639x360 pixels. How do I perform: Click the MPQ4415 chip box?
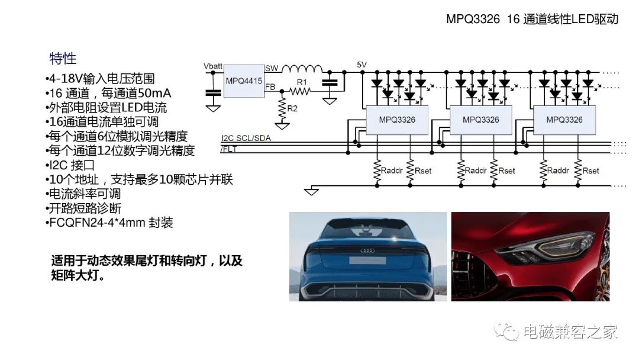click(244, 81)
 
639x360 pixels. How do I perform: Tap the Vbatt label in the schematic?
click(213, 66)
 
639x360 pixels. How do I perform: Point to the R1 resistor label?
click(302, 82)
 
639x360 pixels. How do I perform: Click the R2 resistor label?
click(292, 108)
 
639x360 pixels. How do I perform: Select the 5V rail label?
click(362, 65)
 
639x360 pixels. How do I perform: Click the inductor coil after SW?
click(302, 69)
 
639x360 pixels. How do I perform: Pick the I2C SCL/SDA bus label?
click(246, 138)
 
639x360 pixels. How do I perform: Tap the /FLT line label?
click(228, 149)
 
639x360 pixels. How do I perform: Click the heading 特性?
click(63, 58)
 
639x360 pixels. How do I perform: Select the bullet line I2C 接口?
click(70, 165)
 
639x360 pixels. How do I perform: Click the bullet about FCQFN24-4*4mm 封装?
click(109, 223)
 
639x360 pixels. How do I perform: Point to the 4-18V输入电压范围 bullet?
click(100, 79)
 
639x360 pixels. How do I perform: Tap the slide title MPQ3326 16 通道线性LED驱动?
click(532, 19)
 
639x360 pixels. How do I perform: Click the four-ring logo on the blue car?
click(367, 250)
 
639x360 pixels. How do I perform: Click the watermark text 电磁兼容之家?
click(570, 332)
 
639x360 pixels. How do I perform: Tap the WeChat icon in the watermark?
click(506, 331)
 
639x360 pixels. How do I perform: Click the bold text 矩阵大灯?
click(78, 275)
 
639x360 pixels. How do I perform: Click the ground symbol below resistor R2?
click(282, 126)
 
